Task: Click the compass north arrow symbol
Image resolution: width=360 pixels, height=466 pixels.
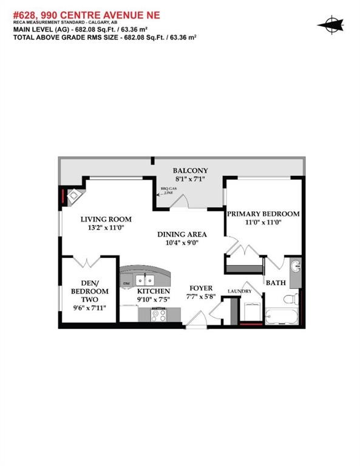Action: pyautogui.click(x=330, y=25)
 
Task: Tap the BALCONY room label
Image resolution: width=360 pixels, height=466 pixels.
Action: pyautogui.click(x=191, y=171)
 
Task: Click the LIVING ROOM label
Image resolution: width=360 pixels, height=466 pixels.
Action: pyautogui.click(x=106, y=219)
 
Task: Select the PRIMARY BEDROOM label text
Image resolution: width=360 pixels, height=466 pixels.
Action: pyautogui.click(x=263, y=214)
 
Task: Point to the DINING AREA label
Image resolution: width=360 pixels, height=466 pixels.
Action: pyautogui.click(x=182, y=234)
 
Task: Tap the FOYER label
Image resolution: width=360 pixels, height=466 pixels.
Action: pyautogui.click(x=200, y=288)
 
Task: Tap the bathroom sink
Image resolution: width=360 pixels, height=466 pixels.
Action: pyautogui.click(x=295, y=267)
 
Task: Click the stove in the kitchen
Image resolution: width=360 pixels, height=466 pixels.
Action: pyautogui.click(x=159, y=315)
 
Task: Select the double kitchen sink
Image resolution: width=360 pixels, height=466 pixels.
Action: pyautogui.click(x=144, y=280)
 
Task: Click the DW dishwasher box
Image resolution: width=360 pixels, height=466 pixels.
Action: pyautogui.click(x=126, y=283)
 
